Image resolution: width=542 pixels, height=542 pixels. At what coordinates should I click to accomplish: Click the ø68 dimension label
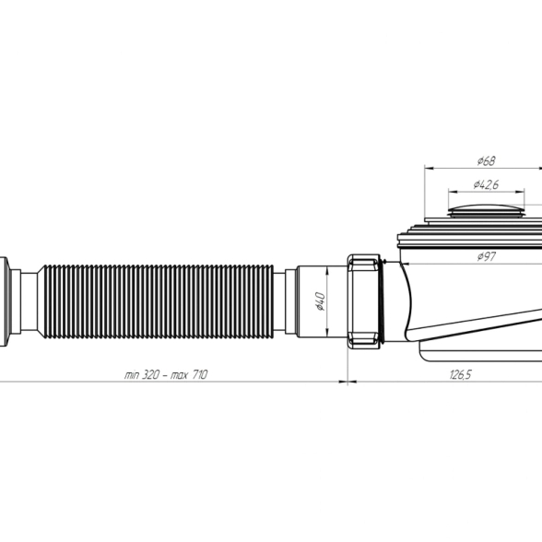tap(487, 160)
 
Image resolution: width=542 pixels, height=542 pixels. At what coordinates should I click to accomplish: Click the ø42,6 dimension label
tap(486, 184)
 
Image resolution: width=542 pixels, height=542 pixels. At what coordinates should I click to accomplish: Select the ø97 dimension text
tap(487, 256)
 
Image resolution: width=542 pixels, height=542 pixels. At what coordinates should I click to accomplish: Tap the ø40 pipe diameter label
tap(321, 301)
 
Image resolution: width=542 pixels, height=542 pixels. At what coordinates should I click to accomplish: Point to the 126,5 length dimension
tap(461, 374)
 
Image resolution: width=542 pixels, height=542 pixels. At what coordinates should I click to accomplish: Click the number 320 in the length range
tap(150, 374)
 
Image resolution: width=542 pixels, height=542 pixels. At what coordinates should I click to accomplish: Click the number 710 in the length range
tap(199, 374)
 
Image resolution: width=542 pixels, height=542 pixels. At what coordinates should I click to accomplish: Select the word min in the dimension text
tap(131, 374)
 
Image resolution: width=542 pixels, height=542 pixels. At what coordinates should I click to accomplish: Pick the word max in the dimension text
tap(179, 375)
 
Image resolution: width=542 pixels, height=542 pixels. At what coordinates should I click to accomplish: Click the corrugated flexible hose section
tap(156, 301)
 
